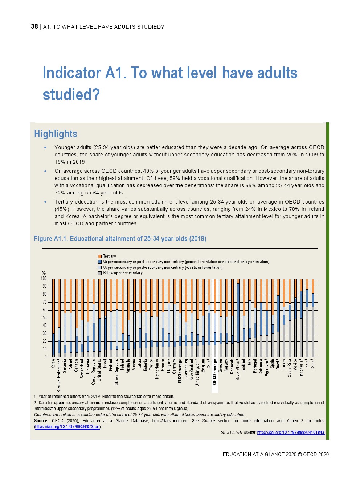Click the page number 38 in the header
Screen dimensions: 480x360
click(x=34, y=26)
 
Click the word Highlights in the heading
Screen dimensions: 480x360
click(x=56, y=134)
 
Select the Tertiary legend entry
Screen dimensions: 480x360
click(x=109, y=256)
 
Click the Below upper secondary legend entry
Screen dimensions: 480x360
click(x=123, y=273)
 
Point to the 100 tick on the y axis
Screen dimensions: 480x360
click(x=44, y=279)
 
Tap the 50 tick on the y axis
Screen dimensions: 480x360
click(x=45, y=318)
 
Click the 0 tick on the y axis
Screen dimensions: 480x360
click(x=46, y=357)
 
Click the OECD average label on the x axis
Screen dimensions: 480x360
click(x=215, y=372)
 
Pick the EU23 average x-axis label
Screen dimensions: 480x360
click(x=180, y=372)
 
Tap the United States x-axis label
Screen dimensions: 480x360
click(x=99, y=370)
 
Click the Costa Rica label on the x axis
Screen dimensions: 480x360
click(x=290, y=368)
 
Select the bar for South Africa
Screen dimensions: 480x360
click(x=238, y=319)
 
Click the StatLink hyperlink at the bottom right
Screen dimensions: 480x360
click(x=291, y=432)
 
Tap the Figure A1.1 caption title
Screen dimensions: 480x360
click(x=120, y=239)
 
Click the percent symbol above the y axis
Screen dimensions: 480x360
click(x=44, y=273)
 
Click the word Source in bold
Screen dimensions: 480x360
click(x=41, y=421)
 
